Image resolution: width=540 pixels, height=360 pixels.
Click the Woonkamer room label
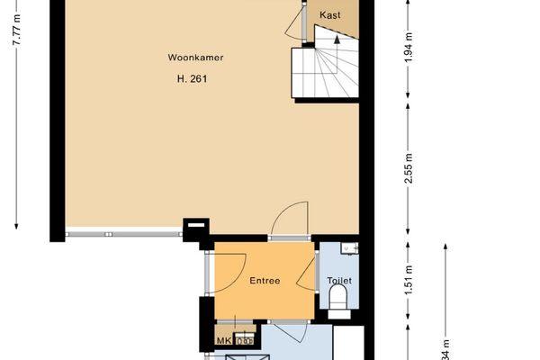195,58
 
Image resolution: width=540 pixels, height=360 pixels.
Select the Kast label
329,14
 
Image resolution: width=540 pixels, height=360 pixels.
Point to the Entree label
264,281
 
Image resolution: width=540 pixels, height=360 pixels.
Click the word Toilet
339,281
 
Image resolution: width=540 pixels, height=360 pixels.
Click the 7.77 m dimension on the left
16,36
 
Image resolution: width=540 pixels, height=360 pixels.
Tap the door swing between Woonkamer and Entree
291,220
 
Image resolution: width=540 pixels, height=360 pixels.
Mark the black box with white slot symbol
194,229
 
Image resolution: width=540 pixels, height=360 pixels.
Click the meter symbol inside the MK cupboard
244,341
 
